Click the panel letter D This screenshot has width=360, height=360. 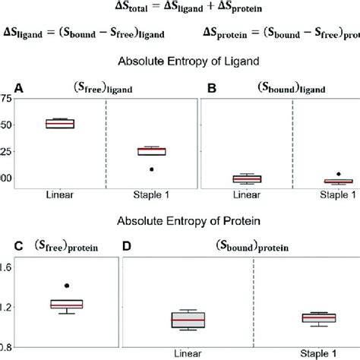(127, 246)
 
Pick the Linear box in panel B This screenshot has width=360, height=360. (247, 178)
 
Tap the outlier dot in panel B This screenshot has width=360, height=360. (339, 174)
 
